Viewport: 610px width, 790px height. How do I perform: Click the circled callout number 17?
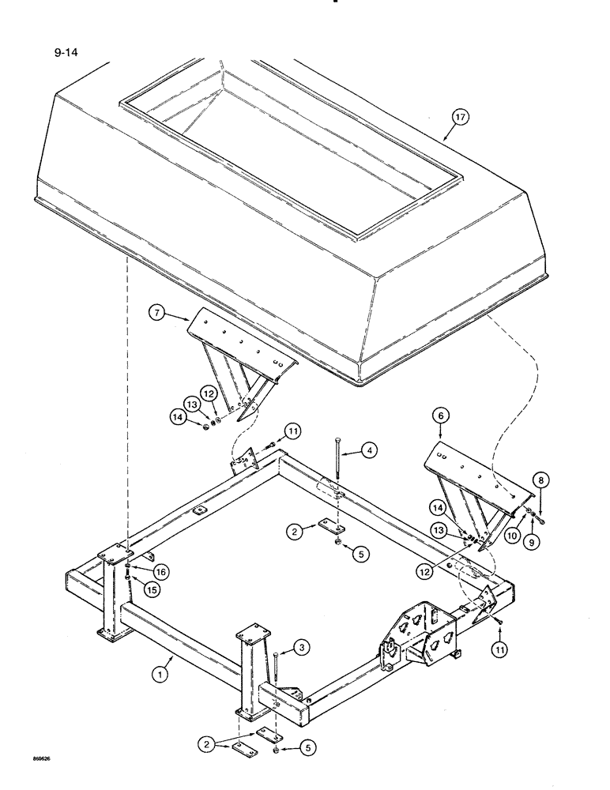(461, 118)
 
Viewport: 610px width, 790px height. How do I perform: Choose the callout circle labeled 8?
(540, 479)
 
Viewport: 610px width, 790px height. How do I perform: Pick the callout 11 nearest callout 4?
(293, 431)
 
